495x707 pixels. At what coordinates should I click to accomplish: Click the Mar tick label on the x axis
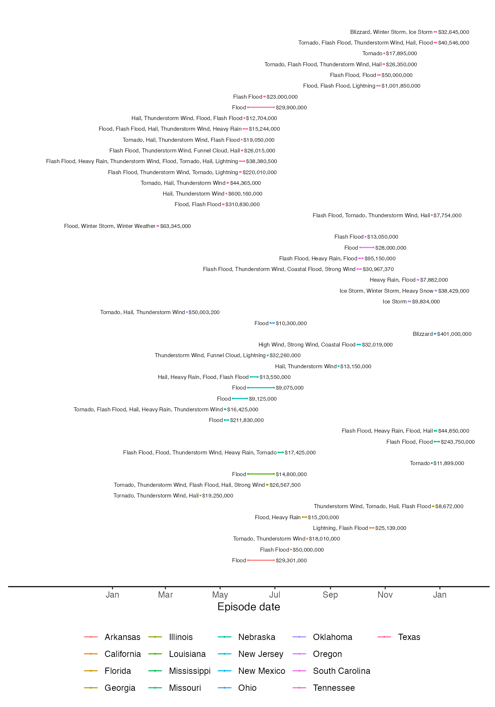click(165, 594)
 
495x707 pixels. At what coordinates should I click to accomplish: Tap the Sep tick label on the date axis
click(330, 594)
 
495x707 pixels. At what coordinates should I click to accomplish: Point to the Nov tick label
click(385, 594)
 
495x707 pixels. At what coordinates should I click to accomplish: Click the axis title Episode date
click(249, 607)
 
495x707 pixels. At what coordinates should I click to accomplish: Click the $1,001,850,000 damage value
click(401, 86)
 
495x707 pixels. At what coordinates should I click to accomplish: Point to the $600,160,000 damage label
click(245, 194)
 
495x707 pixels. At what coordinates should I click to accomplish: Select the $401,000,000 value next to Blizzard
click(454, 334)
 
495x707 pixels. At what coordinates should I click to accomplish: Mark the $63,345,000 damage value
click(175, 226)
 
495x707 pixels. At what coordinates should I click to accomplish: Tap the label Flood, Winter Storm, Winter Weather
click(110, 226)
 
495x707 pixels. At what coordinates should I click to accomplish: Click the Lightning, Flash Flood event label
click(340, 528)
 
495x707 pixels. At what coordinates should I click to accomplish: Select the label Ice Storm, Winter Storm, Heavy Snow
click(386, 291)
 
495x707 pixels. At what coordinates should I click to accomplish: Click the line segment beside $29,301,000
click(261, 560)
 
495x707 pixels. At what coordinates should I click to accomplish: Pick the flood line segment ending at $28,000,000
click(367, 247)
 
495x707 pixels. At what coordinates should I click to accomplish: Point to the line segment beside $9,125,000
click(240, 398)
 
